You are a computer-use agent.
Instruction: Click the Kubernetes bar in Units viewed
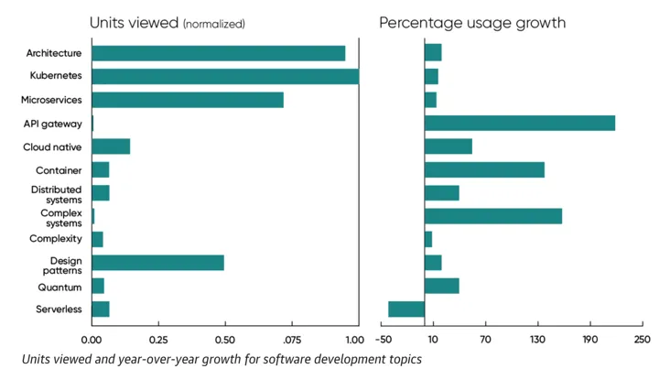tap(225, 76)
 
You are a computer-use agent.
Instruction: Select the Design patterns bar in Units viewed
tap(158, 263)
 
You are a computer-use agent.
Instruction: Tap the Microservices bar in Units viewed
tap(188, 100)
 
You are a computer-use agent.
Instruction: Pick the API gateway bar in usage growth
tap(519, 123)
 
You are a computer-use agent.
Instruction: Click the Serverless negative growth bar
tap(406, 309)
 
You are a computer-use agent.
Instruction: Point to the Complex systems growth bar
tap(492, 216)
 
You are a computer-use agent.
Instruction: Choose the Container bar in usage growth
tap(484, 169)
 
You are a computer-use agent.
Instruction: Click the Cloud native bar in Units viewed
tap(111, 147)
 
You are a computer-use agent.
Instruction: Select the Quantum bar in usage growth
tap(441, 287)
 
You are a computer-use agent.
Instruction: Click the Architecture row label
tap(54, 53)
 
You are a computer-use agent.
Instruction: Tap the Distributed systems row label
tap(57, 193)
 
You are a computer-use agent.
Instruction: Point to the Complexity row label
tap(56, 239)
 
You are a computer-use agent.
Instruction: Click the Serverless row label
tap(59, 309)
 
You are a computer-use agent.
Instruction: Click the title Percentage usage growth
tap(471, 22)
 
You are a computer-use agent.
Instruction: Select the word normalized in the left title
tap(215, 24)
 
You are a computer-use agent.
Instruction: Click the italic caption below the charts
tap(222, 359)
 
